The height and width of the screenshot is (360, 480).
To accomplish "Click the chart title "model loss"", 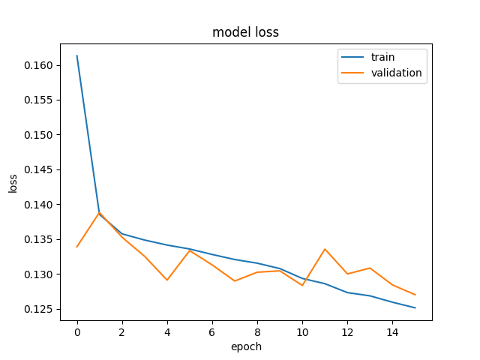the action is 245,32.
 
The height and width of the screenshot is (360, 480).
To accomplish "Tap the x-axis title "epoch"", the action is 246,346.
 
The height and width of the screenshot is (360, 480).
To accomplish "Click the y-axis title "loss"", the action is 13,184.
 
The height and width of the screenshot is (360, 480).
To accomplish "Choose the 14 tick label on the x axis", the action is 392,332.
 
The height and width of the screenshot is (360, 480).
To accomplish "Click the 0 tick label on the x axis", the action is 77,332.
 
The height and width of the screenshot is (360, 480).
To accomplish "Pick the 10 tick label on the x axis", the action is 302,332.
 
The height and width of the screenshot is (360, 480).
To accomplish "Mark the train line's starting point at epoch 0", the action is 76,55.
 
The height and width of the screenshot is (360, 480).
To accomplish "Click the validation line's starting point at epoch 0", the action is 76,247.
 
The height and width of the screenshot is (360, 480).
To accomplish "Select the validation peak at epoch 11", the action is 325,249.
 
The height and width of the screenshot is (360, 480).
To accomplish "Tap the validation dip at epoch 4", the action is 167,280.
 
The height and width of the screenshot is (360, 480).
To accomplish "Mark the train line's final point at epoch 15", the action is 415,307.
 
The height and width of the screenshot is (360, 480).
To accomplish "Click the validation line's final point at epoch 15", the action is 415,295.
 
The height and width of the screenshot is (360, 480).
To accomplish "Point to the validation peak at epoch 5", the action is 190,250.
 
